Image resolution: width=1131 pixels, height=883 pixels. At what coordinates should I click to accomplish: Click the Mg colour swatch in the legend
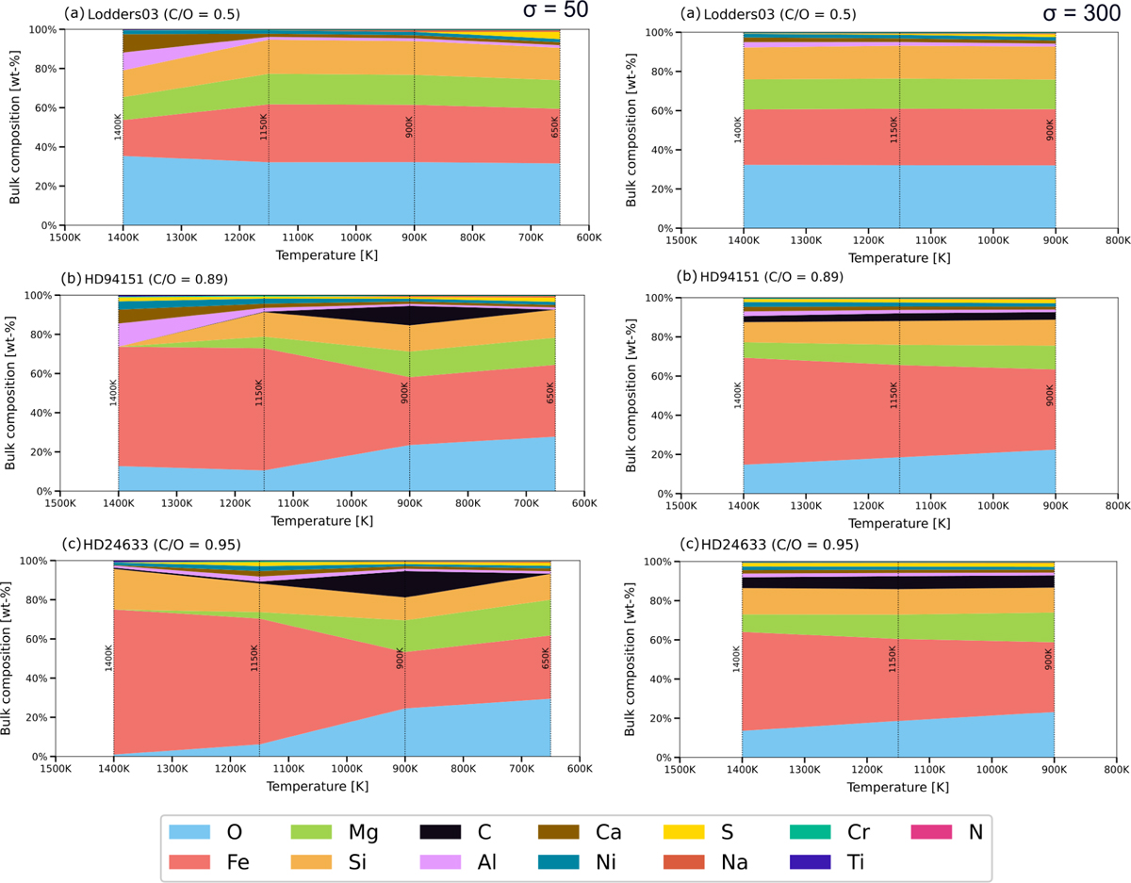coord(311,831)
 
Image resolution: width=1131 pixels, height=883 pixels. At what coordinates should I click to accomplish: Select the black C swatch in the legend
coord(440,831)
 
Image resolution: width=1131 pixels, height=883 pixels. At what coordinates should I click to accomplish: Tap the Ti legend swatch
coord(810,861)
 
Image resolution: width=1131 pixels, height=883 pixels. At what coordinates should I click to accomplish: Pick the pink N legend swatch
coord(931,831)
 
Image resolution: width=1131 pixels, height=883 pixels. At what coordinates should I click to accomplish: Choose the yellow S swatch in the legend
coord(683,831)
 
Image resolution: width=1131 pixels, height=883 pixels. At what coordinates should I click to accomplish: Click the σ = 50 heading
coord(555,9)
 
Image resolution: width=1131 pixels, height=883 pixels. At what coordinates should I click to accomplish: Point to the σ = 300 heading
coord(1082,12)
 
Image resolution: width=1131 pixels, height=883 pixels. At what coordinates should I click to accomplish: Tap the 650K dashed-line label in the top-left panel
coord(554,127)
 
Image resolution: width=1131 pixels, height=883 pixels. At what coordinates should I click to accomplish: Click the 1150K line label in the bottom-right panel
coord(893,659)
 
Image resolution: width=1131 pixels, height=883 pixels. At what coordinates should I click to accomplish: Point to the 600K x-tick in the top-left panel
coord(589,237)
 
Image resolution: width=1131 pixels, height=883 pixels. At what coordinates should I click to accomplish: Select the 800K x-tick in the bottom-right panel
coord(1117,769)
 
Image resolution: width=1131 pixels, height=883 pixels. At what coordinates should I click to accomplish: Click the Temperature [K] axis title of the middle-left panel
coord(322,521)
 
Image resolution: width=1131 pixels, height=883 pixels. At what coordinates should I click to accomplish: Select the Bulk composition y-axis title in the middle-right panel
coord(631,396)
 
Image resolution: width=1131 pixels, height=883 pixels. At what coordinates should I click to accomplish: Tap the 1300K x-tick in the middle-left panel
coord(176,503)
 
